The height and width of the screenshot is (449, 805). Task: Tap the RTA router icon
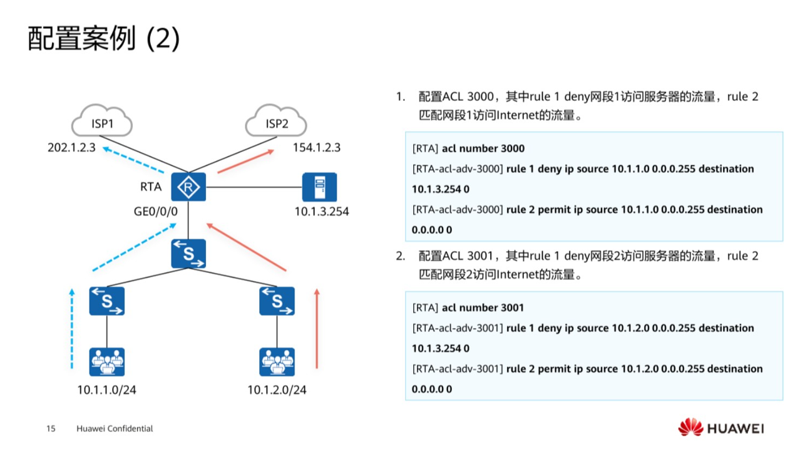pos(188,187)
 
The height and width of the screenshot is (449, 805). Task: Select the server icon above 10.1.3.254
pos(319,187)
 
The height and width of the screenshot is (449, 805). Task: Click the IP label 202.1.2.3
pos(71,148)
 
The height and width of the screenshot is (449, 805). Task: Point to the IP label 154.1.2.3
pos(317,148)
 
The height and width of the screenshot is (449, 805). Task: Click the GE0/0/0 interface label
pos(156,212)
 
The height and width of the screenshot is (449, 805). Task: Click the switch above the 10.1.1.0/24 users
pos(106,301)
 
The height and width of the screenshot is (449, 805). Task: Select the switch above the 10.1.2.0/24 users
pos(277,301)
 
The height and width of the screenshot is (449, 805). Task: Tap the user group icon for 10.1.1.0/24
pos(106,361)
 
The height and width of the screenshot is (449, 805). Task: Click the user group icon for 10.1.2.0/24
pos(277,361)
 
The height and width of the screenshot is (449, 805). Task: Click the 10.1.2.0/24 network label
pos(277,390)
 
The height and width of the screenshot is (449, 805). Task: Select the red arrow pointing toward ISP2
pos(245,160)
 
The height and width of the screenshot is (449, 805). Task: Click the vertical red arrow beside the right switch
pos(317,328)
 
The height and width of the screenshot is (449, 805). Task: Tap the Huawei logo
pos(721,428)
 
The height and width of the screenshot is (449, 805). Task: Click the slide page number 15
pos(51,429)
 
